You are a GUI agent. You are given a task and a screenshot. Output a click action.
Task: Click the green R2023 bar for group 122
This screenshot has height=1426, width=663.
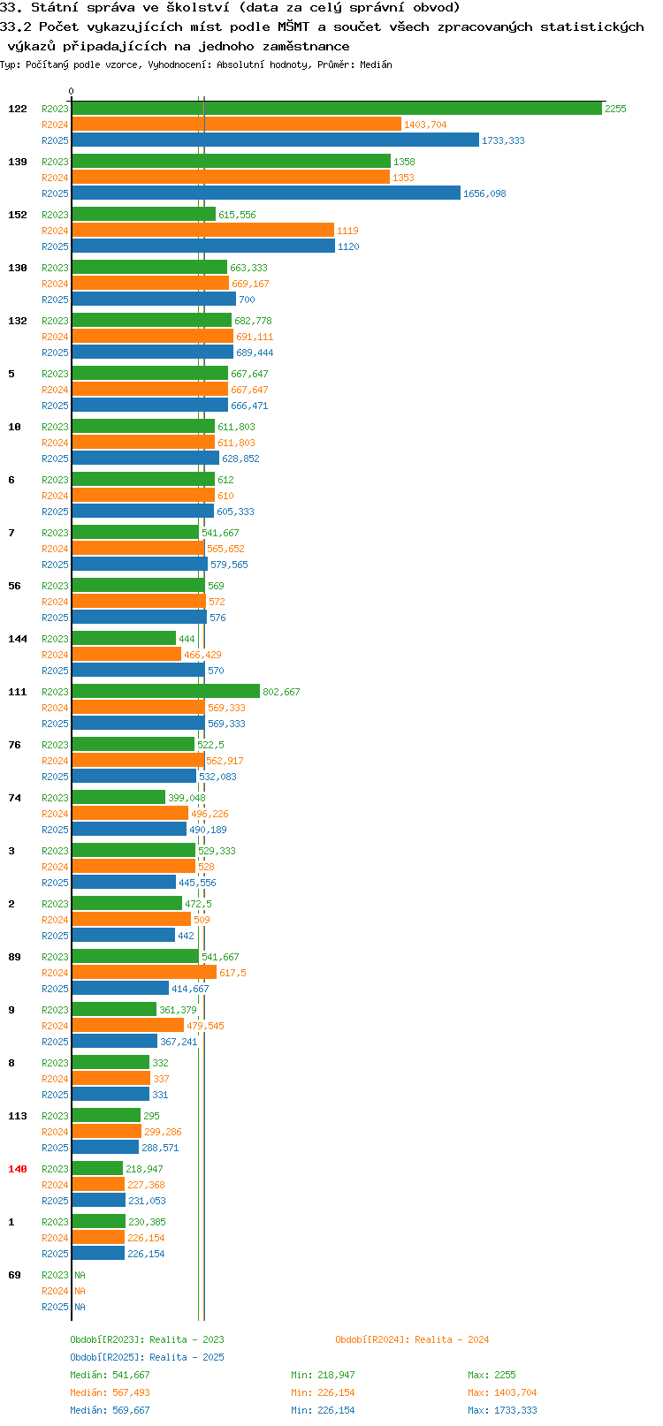point(337,109)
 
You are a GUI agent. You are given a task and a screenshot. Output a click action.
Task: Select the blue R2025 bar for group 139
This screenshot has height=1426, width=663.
point(266,193)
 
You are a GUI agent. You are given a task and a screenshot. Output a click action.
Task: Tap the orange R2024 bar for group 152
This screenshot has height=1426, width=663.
point(203,231)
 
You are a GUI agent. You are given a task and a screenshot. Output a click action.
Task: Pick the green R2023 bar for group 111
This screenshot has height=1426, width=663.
point(165,692)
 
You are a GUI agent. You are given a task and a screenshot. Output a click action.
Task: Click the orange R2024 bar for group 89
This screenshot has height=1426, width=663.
point(144,972)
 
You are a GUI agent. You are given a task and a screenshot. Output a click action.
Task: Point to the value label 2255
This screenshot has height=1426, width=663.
point(615,109)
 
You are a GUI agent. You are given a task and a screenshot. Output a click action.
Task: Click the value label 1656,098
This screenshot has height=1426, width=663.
point(484,193)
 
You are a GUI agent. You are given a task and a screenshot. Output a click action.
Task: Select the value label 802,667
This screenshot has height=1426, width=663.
point(281,692)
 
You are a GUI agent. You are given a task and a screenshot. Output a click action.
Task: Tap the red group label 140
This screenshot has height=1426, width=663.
point(17,1169)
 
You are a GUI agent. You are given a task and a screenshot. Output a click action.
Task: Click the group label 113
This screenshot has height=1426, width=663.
point(17,1116)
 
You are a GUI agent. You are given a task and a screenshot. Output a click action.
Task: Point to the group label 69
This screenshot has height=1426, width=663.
point(14,1275)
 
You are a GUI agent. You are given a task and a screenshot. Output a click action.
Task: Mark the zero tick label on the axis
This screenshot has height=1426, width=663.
point(71,92)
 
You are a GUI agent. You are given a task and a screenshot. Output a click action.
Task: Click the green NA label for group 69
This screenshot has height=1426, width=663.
point(80,1275)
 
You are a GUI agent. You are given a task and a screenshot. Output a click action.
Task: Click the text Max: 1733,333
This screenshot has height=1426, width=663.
point(502,1410)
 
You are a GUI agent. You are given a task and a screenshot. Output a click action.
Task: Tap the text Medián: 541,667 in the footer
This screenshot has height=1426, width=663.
point(110,1375)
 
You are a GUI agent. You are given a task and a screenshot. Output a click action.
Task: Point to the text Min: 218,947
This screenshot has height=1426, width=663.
point(323,1375)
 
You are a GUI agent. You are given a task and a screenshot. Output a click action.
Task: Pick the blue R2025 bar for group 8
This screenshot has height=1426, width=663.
point(110,1095)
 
